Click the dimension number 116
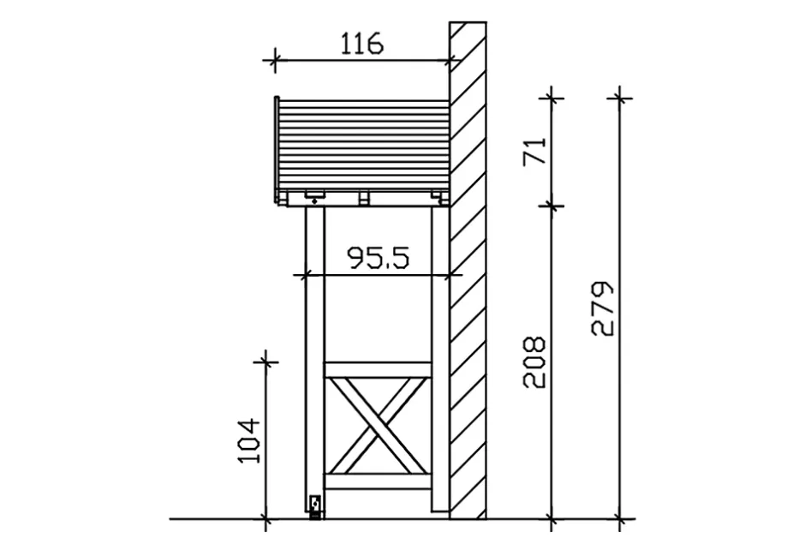(x=362, y=44)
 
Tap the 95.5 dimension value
(x=379, y=258)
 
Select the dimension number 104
(x=249, y=440)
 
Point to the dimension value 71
(x=535, y=151)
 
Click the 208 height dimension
(x=534, y=362)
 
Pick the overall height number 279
(x=603, y=308)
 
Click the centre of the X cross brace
(x=378, y=426)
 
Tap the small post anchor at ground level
(x=315, y=506)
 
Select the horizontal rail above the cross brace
(x=378, y=370)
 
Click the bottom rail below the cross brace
(x=378, y=481)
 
